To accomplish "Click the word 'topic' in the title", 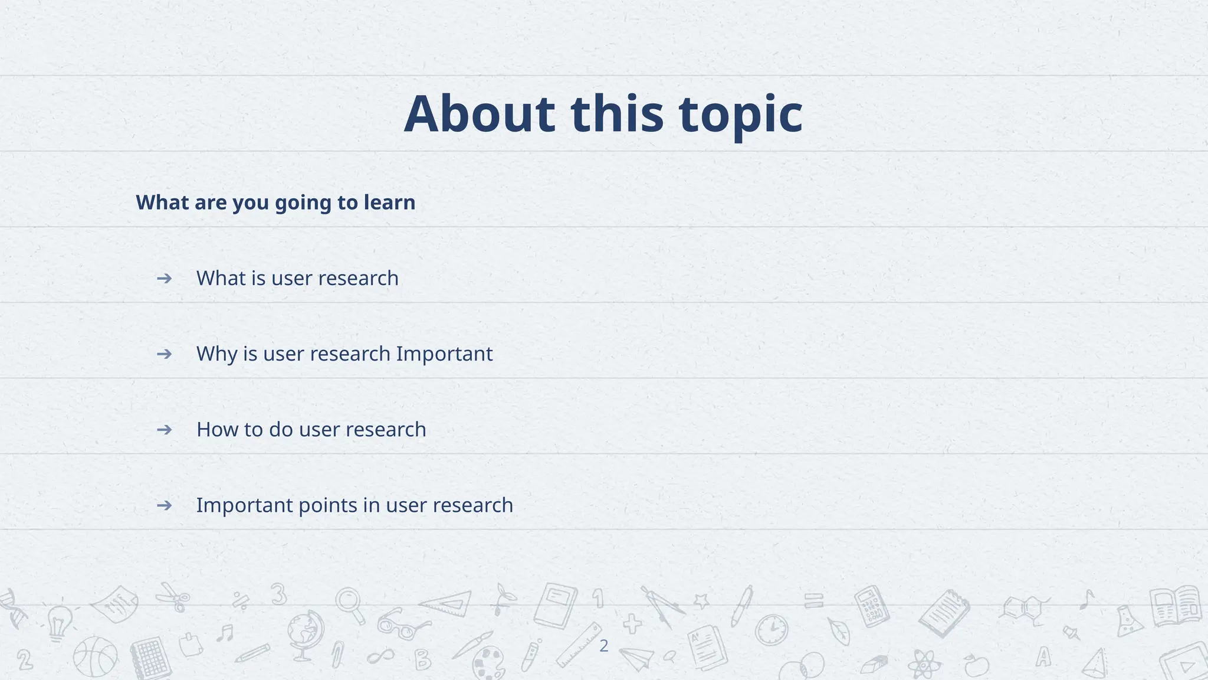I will [x=740, y=114].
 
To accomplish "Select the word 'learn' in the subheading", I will [x=389, y=202].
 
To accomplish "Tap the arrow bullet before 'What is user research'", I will [x=164, y=278].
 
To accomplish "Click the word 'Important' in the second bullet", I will [x=444, y=354].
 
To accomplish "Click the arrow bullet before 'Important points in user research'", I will [x=164, y=505].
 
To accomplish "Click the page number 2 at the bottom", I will [x=603, y=646].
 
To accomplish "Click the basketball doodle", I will [x=95, y=657].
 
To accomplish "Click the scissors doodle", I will [x=174, y=596].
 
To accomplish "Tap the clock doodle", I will [x=772, y=630].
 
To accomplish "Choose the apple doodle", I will [x=976, y=666].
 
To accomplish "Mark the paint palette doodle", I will [x=489, y=662].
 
